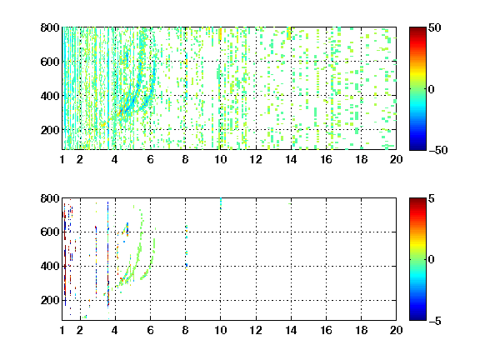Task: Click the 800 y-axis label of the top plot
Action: click(x=50, y=27)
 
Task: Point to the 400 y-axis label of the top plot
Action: click(x=50, y=96)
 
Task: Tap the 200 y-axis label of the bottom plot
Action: click(x=50, y=300)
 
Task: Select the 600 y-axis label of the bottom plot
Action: click(x=50, y=232)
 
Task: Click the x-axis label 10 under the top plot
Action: click(x=220, y=159)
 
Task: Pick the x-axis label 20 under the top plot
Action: click(x=396, y=159)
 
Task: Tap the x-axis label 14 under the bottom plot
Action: click(x=291, y=330)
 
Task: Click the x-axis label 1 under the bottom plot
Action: click(x=62, y=330)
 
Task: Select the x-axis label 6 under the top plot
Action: click(x=150, y=159)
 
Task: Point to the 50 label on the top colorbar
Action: click(x=435, y=27)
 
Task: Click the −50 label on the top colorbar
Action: click(x=438, y=150)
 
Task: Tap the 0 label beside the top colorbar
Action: click(x=432, y=89)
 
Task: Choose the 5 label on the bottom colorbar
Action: click(x=432, y=198)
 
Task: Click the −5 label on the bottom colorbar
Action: click(x=435, y=321)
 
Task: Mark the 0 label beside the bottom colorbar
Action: click(x=432, y=260)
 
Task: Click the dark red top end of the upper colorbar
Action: click(x=417, y=28)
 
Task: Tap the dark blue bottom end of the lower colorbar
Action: click(x=417, y=319)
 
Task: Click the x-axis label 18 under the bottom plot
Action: click(x=361, y=330)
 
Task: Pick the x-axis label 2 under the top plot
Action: click(x=80, y=159)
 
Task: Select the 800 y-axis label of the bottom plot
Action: click(x=50, y=198)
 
